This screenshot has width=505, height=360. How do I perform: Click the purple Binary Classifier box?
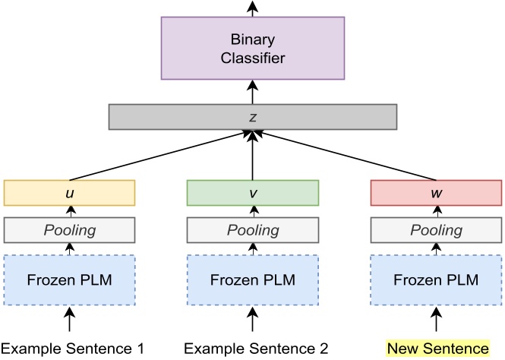pos(253,47)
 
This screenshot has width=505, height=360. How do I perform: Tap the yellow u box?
pos(69,192)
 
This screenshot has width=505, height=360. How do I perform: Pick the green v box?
pos(252,192)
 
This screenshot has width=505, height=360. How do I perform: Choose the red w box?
pos(435,192)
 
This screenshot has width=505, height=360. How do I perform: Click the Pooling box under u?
pos(69,229)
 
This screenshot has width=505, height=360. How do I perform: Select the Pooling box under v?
pos(252,229)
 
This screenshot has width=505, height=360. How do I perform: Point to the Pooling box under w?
pos(435,229)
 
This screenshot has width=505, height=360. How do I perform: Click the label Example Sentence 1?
pos(71,349)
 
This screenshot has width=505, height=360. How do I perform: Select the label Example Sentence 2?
pos(257,349)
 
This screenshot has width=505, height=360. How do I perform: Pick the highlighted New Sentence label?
pos(438,349)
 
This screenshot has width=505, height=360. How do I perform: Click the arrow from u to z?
pos(159,155)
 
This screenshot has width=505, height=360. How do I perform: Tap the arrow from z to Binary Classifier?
pos(252,92)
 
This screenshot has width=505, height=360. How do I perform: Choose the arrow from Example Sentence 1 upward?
pos(69,319)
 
